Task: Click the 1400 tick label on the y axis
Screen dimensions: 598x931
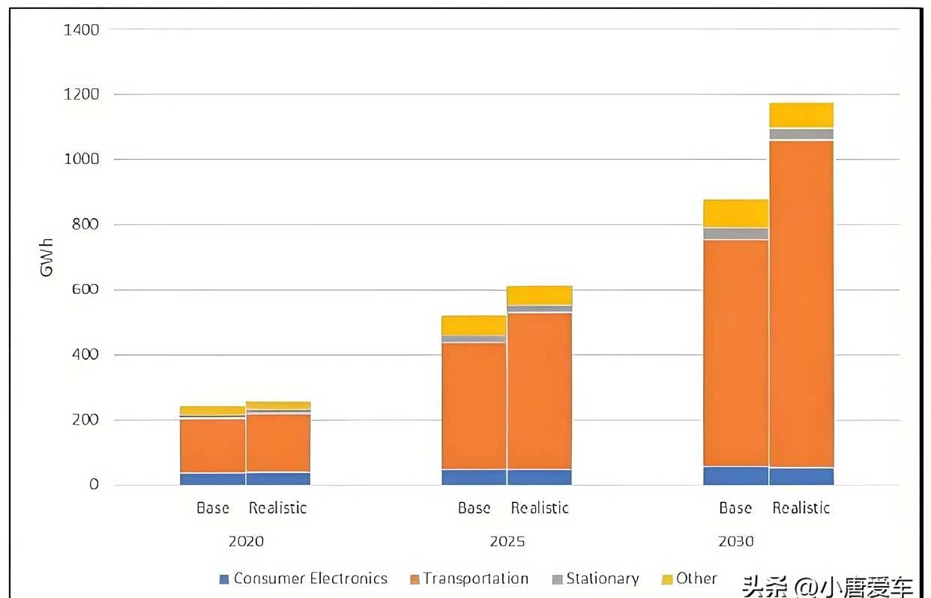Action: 82,30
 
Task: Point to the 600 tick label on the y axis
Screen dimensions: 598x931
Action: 85,289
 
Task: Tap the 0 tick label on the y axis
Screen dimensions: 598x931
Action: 94,485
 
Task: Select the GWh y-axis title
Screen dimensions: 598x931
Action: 47,257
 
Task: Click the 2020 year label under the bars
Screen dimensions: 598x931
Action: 246,541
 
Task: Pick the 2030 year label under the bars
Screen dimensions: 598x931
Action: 735,541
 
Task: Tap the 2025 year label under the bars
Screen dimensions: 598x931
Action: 507,541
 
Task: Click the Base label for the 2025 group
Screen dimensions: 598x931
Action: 474,508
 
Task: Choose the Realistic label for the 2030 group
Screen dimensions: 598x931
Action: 801,508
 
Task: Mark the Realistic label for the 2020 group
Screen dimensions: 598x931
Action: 278,508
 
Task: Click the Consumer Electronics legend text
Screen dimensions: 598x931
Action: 310,579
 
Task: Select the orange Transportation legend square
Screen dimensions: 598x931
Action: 415,579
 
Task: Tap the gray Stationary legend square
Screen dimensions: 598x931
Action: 557,579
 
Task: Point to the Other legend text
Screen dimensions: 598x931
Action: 696,579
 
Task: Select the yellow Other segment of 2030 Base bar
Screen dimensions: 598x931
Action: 735,214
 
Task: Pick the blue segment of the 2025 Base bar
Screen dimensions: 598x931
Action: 474,477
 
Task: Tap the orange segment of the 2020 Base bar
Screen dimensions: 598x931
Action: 212,446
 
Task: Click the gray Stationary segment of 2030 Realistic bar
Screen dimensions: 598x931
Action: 801,134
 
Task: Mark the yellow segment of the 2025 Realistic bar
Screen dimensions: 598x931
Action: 540,295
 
